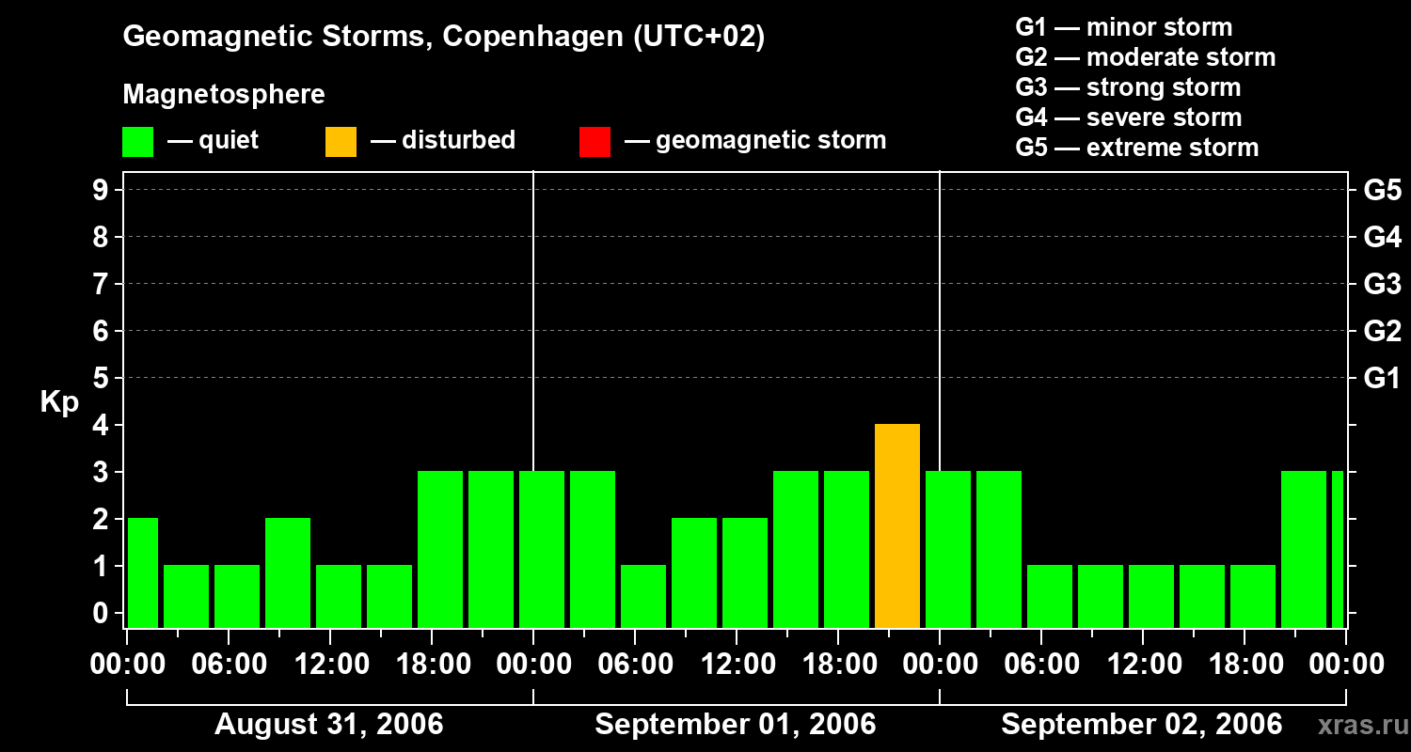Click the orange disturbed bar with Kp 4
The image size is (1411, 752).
pyautogui.click(x=896, y=525)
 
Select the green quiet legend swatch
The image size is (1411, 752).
pyautogui.click(x=137, y=142)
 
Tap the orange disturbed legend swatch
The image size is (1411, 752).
pyautogui.click(x=341, y=142)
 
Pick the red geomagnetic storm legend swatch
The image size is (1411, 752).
pyautogui.click(x=595, y=142)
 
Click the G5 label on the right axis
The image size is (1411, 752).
pyautogui.click(x=1382, y=191)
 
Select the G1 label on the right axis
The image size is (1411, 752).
pyautogui.click(x=1382, y=379)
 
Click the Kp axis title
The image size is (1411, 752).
pyautogui.click(x=59, y=402)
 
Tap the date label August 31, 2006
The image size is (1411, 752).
pyautogui.click(x=329, y=725)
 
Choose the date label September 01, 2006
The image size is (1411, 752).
pyautogui.click(x=736, y=725)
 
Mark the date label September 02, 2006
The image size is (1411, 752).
pyautogui.click(x=1141, y=725)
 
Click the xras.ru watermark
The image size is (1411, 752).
pyautogui.click(x=1362, y=726)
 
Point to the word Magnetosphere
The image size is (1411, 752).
pyautogui.click(x=224, y=95)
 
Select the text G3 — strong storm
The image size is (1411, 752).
pyautogui.click(x=1128, y=87)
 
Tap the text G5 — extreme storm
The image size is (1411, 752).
pyautogui.click(x=1136, y=148)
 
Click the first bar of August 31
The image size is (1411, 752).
pyautogui.click(x=142, y=572)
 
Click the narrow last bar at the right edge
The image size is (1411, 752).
pyautogui.click(x=1337, y=549)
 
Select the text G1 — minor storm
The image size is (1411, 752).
pyautogui.click(x=1123, y=27)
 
